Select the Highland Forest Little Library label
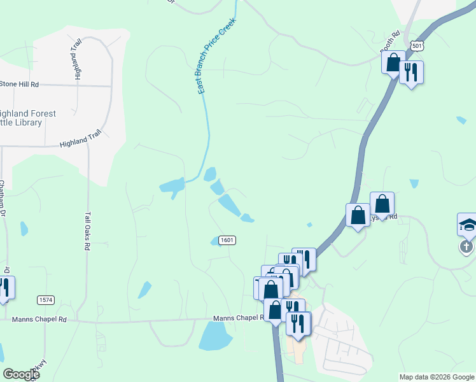[x=28, y=118]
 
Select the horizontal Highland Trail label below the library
[x=80, y=140]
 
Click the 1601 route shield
[x=227, y=240]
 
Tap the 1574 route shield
[x=45, y=299]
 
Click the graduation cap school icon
[x=467, y=225]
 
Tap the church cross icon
[x=466, y=246]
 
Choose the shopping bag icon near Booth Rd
[x=393, y=62]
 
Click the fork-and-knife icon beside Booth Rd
[x=411, y=71]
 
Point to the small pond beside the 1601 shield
[x=215, y=241]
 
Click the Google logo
[x=21, y=374]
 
